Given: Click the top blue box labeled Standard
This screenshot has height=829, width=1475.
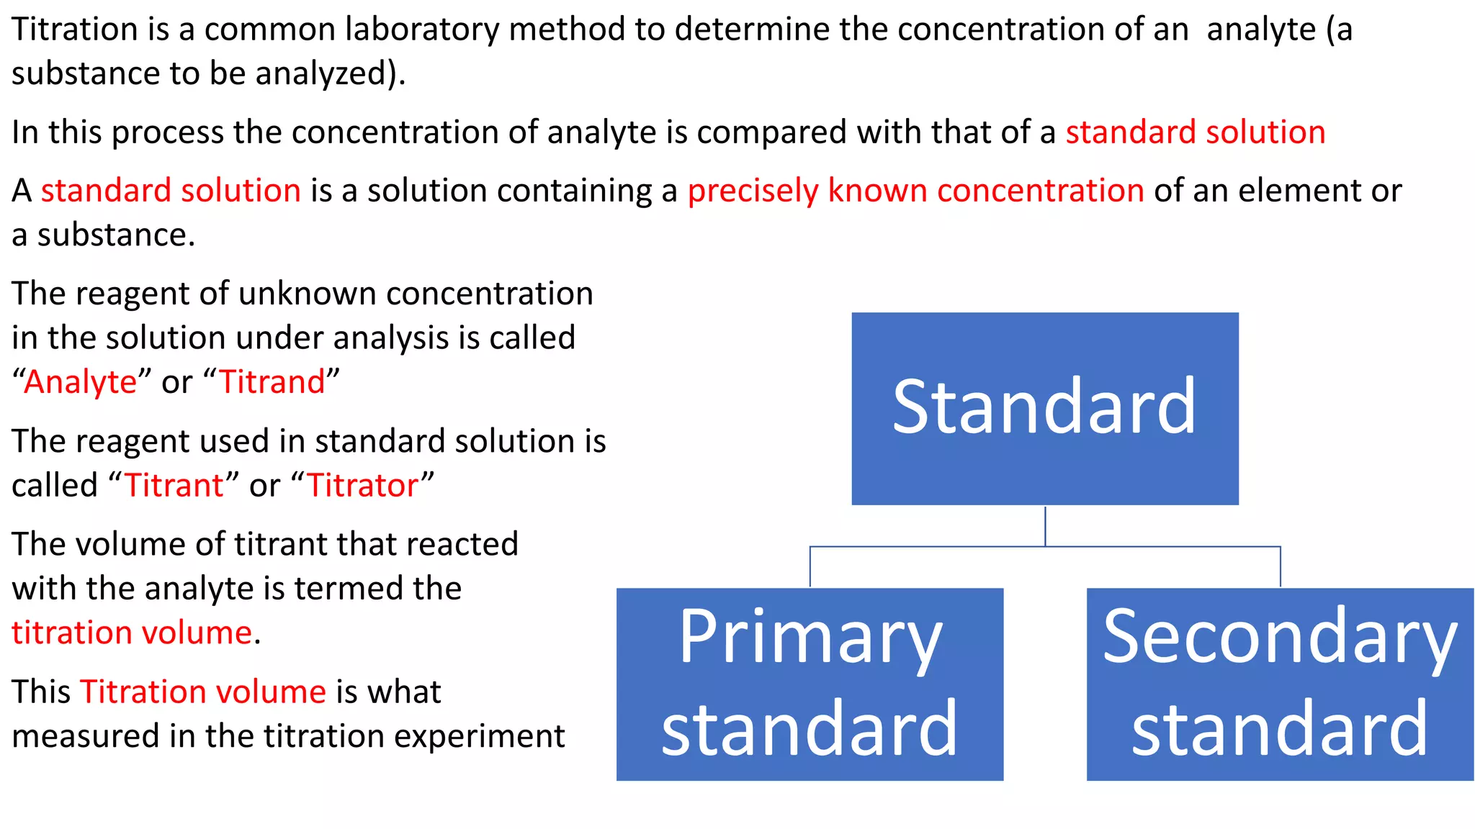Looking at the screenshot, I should [1044, 408].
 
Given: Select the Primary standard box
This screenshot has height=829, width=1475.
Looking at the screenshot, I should [810, 684].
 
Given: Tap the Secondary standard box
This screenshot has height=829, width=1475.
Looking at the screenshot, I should [1280, 684].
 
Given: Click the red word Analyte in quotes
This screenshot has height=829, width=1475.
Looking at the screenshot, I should [80, 382].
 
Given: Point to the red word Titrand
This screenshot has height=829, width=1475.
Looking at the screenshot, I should [272, 382].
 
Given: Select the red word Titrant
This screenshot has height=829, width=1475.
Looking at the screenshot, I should [174, 486].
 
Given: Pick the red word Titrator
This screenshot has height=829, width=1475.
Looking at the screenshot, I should [363, 486].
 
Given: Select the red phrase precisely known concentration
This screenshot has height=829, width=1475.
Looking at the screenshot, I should [915, 191].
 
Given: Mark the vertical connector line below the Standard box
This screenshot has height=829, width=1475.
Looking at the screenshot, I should [1045, 525].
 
